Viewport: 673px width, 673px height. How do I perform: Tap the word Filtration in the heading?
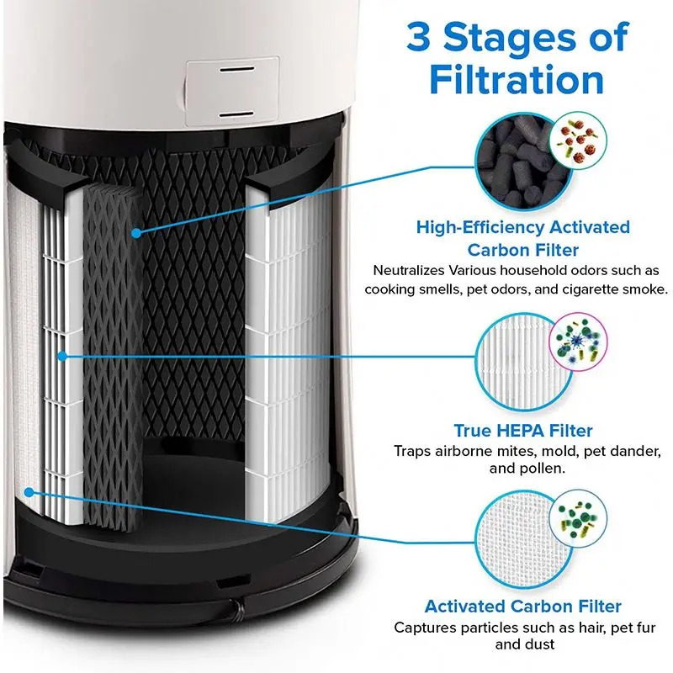pyautogui.click(x=517, y=81)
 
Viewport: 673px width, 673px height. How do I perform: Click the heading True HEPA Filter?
pyautogui.click(x=522, y=431)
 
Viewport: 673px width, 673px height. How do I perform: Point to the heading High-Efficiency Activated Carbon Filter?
pyautogui.click(x=522, y=239)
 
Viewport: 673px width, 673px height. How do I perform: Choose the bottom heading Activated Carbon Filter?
pyautogui.click(x=522, y=606)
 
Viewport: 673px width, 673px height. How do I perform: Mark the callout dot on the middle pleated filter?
pyautogui.click(x=63, y=357)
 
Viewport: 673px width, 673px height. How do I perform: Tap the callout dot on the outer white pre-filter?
pyautogui.click(x=29, y=490)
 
